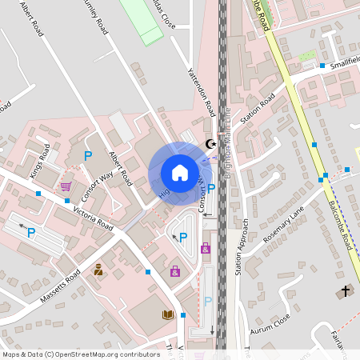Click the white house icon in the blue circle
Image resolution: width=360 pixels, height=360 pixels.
180,173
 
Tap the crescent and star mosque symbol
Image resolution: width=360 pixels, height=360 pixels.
211,144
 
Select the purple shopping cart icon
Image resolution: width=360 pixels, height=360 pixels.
66,186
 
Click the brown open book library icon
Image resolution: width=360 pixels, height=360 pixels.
168,315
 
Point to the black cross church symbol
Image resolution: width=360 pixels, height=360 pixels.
346,290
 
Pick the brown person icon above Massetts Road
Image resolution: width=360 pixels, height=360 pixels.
98,270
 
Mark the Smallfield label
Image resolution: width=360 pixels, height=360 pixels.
345,69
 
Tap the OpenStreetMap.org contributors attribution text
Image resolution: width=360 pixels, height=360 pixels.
81,354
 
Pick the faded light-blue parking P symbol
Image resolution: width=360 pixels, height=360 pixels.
207,301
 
